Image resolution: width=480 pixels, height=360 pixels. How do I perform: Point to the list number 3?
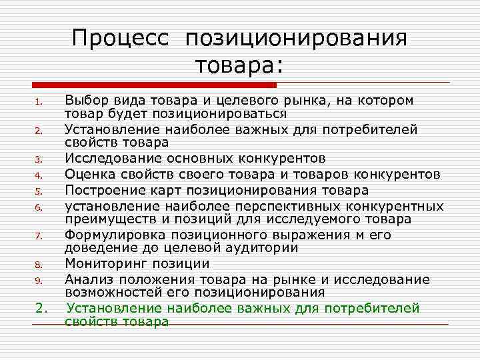coord(39,159)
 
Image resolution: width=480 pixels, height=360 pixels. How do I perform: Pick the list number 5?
coord(39,191)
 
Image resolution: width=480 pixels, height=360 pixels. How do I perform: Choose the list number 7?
coord(39,235)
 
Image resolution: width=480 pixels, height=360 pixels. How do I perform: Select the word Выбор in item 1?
coord(83,101)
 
